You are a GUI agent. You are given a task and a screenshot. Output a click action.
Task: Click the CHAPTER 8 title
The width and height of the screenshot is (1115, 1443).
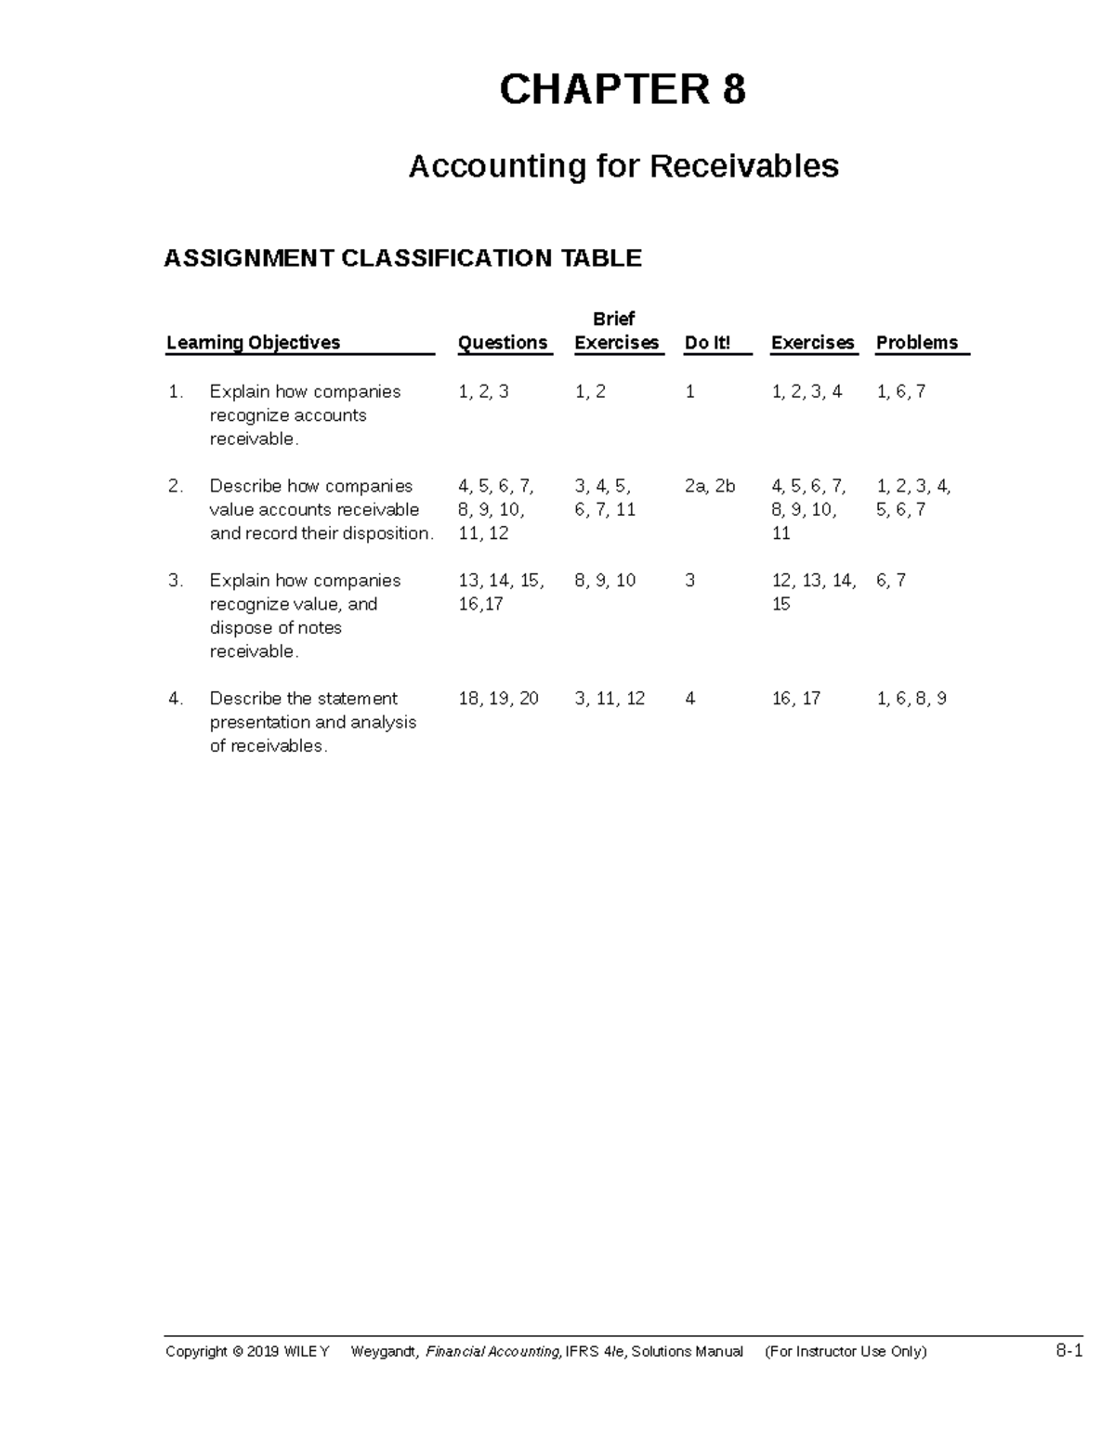pyautogui.click(x=623, y=90)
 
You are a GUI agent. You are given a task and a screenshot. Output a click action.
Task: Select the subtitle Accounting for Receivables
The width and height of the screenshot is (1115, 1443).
pyautogui.click(x=623, y=166)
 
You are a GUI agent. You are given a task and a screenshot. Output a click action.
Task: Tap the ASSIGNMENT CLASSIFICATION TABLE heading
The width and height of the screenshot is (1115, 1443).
pyautogui.click(x=402, y=257)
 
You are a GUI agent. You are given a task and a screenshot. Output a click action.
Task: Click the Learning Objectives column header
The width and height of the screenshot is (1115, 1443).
pyautogui.click(x=253, y=343)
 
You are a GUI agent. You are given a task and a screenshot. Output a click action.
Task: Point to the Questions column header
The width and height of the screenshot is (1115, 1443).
pyautogui.click(x=503, y=343)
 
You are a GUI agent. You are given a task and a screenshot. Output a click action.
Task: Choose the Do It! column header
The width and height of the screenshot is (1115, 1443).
pyautogui.click(x=707, y=343)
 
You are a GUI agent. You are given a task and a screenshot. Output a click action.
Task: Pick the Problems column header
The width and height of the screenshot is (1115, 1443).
pyautogui.click(x=916, y=343)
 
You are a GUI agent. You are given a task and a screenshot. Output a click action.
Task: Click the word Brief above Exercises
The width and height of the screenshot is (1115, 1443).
pyautogui.click(x=613, y=319)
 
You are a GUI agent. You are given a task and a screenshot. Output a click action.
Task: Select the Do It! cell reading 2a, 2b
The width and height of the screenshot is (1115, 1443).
pyautogui.click(x=710, y=486)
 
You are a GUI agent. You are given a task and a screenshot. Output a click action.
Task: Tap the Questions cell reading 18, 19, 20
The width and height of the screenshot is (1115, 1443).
pyautogui.click(x=498, y=699)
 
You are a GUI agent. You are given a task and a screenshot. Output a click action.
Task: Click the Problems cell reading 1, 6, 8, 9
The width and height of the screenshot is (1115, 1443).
pyautogui.click(x=912, y=699)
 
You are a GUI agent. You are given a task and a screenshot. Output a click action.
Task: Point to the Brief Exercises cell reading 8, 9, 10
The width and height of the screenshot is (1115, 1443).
pyautogui.click(x=605, y=581)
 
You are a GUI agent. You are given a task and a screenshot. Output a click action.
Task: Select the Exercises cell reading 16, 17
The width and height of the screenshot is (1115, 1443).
pyautogui.click(x=796, y=699)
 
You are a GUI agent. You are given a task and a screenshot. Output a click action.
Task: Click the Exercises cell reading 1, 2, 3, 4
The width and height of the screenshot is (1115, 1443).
pyautogui.click(x=807, y=392)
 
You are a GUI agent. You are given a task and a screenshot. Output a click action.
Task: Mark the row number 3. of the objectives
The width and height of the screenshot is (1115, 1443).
pyautogui.click(x=177, y=581)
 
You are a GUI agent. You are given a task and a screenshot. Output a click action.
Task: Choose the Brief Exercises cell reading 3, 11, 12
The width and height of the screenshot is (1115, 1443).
pyautogui.click(x=610, y=699)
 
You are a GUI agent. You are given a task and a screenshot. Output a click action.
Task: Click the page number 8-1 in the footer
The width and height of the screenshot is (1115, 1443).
pyautogui.click(x=1069, y=1351)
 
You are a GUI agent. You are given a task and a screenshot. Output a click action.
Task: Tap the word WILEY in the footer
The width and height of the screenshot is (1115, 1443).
pyautogui.click(x=306, y=1352)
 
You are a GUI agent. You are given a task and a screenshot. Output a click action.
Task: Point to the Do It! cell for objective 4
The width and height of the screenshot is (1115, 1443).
pyautogui.click(x=689, y=699)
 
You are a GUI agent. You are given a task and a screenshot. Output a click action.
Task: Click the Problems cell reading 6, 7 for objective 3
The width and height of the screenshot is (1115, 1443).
pyautogui.click(x=891, y=581)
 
